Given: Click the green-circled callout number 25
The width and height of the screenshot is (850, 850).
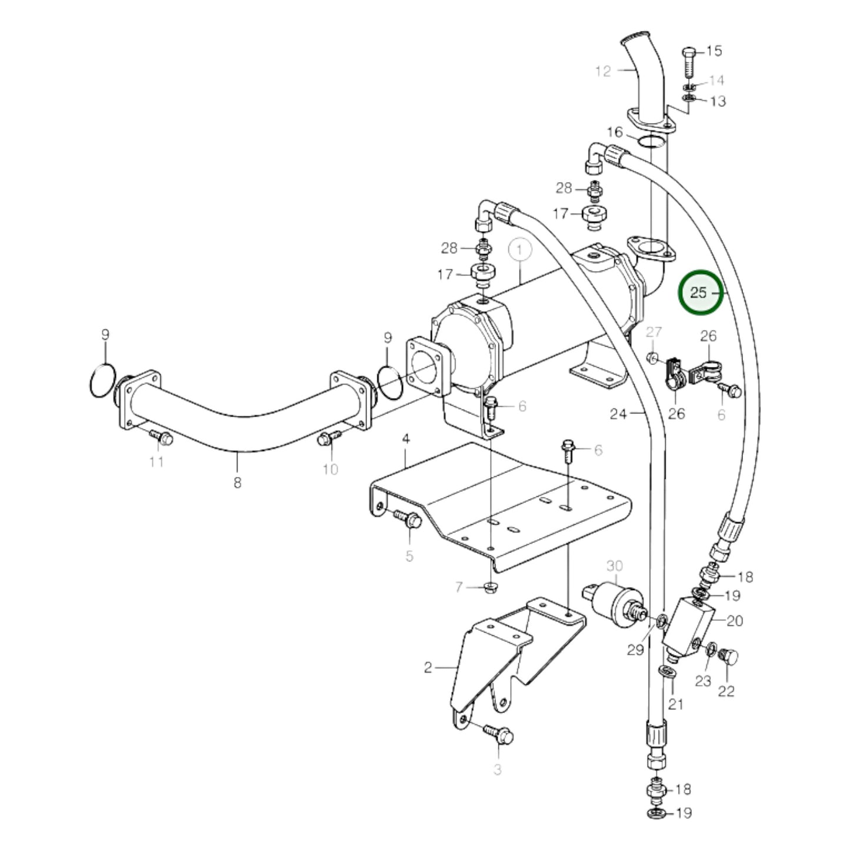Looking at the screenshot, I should tap(698, 292).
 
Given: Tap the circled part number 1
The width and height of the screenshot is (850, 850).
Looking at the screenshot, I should tap(520, 250).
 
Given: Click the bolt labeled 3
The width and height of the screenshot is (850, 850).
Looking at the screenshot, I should tap(499, 733).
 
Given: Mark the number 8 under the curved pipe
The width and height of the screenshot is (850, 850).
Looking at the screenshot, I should tap(237, 482).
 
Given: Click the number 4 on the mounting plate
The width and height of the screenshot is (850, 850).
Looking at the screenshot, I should tap(405, 439).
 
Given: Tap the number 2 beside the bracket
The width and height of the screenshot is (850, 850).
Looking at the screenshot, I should tap(428, 667).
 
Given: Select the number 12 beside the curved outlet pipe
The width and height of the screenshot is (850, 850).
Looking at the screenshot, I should tap(603, 71).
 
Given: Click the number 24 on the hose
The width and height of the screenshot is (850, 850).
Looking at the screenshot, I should tap(618, 414).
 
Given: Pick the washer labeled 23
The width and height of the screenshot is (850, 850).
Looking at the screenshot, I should tap(711, 650).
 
